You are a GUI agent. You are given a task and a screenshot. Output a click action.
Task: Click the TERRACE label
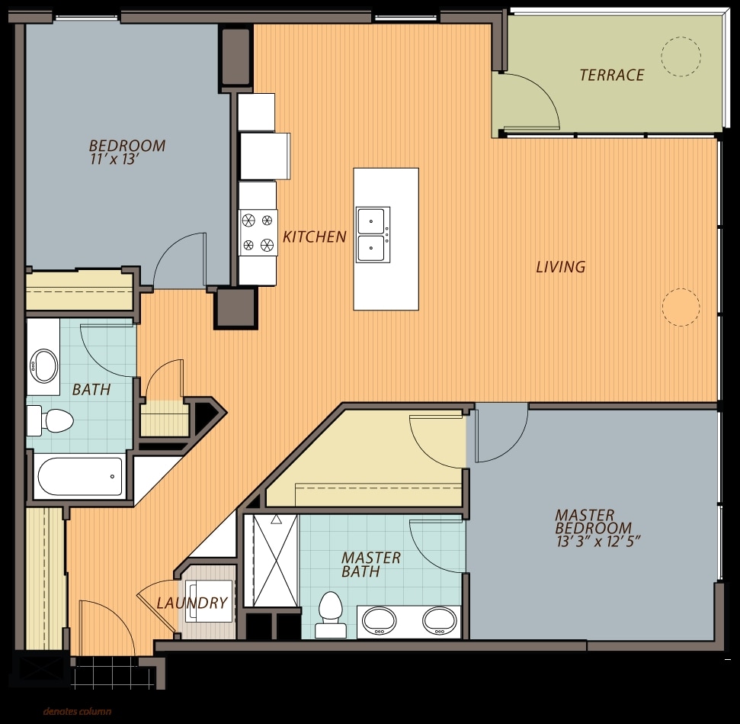click(x=611, y=75)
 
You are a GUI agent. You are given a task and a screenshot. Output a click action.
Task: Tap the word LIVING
click(x=560, y=267)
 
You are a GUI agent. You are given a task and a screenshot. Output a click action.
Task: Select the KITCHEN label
click(x=314, y=237)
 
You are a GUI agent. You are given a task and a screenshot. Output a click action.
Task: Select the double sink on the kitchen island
click(x=373, y=235)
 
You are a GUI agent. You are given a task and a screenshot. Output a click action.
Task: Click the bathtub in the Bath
click(x=80, y=477)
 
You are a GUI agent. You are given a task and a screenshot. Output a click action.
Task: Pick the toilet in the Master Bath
click(x=330, y=612)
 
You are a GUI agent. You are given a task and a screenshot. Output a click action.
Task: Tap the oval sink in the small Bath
click(x=43, y=366)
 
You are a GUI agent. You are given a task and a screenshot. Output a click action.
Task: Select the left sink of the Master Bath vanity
click(x=379, y=619)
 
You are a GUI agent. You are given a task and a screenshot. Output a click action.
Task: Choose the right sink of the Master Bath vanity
click(x=438, y=619)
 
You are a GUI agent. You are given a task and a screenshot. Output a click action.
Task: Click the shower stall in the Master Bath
click(x=274, y=560)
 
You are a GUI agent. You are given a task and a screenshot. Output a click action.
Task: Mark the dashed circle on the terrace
click(x=680, y=55)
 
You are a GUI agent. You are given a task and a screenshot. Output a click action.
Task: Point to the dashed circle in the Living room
click(x=680, y=307)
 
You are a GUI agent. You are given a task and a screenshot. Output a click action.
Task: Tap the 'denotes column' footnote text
click(x=77, y=712)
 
